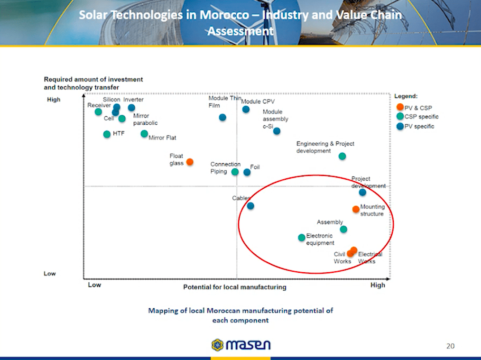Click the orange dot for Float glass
[190, 162]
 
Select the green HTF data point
[107, 134]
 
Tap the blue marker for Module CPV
[246, 110]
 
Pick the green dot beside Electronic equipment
[302, 238]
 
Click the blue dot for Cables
[250, 206]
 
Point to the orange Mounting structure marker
[356, 209]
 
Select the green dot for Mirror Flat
[144, 134]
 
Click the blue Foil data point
[247, 172]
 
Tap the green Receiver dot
[98, 112]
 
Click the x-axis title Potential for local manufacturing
[235, 287]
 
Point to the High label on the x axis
[378, 285]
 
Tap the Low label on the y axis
[50, 274]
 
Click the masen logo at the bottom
[240, 345]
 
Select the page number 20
[450, 346]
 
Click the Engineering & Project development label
[325, 147]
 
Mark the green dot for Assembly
[343, 230]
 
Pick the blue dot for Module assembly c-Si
[277, 131]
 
